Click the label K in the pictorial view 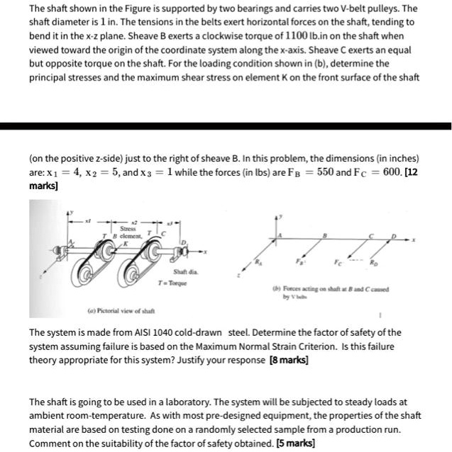128,242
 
